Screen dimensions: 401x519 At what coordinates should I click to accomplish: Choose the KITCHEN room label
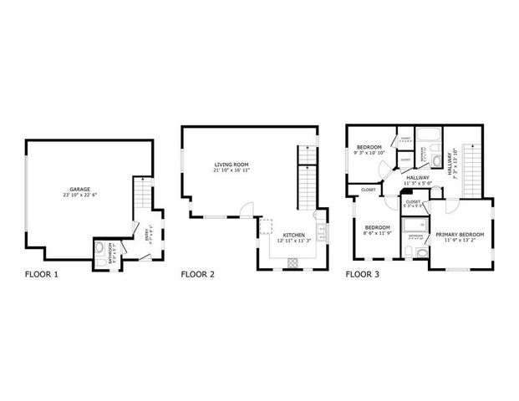click(294, 235)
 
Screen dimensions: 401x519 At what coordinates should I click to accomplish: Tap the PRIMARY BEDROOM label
click(460, 235)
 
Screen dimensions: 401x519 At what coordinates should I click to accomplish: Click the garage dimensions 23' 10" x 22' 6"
click(79, 195)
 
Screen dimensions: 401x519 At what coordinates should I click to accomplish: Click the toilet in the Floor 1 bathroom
click(101, 248)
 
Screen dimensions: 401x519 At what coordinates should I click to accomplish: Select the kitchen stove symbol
click(293, 262)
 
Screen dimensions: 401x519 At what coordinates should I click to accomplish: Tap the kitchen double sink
click(322, 230)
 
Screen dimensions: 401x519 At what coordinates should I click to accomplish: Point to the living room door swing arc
click(242, 209)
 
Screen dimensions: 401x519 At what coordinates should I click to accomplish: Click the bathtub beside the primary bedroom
click(415, 225)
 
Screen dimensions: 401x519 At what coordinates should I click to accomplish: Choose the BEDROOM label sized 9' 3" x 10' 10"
click(369, 147)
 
